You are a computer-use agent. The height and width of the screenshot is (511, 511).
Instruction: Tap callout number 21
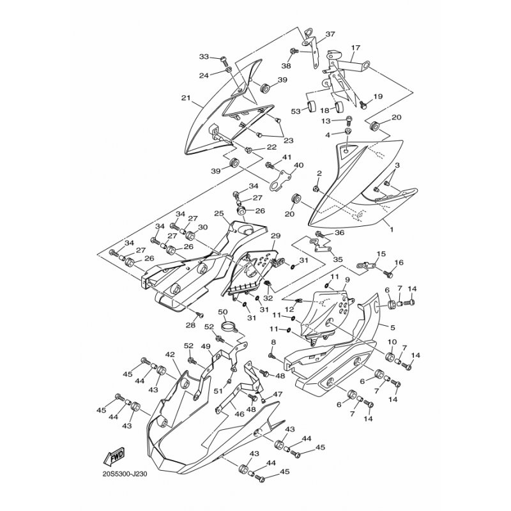pos(186,98)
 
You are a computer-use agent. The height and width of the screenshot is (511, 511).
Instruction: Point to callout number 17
pos(356,48)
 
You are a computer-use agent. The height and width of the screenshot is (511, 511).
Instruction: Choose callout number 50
pos(223,312)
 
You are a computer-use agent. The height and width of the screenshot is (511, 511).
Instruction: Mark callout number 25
pos(218,213)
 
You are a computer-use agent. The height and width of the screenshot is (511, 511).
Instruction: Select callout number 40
pos(298,165)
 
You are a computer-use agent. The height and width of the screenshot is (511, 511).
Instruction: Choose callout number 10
pos(392,342)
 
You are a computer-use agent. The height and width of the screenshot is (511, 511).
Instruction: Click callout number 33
pos(204,57)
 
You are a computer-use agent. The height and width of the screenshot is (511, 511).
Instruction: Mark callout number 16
pos(399,263)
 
